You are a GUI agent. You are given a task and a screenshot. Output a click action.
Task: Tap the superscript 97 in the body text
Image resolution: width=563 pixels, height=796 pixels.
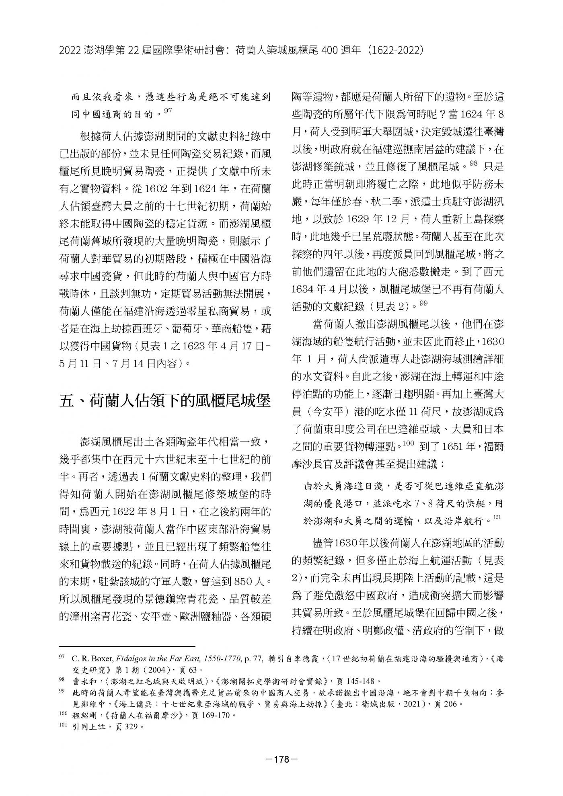point(168,111)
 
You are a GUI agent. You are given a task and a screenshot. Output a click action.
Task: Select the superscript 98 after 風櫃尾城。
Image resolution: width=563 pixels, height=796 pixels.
point(473,163)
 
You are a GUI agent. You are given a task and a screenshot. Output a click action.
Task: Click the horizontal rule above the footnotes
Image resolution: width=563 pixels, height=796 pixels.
point(127,646)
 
